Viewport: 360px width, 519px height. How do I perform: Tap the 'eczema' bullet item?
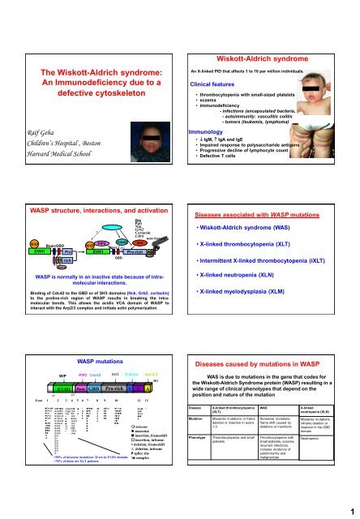pos(217,81)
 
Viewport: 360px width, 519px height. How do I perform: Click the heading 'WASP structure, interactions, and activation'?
pos(91,188)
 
